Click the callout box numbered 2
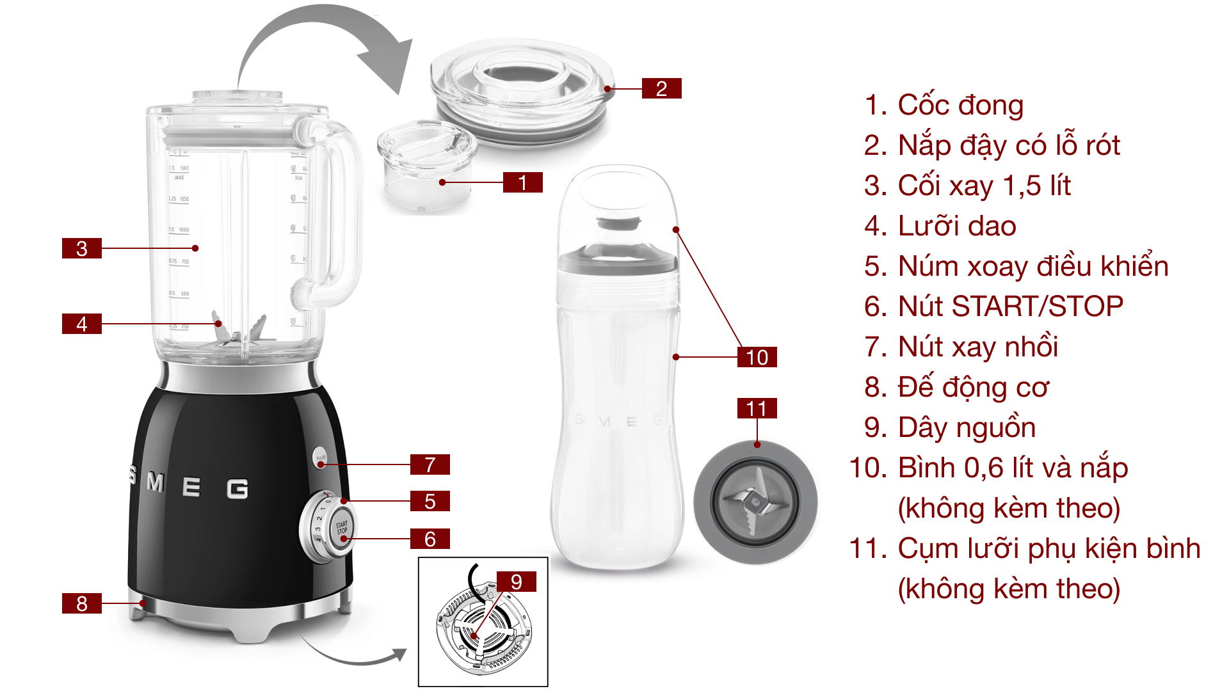point(661,88)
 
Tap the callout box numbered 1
point(522,182)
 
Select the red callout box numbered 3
point(82,248)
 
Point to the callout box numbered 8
point(82,603)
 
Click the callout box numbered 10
point(757,357)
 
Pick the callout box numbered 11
point(757,408)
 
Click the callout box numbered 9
point(516,582)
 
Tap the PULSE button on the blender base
point(321,458)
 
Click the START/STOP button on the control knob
point(342,528)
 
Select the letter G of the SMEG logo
point(237,489)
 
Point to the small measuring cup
point(426,166)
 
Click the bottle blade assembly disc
point(755,502)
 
